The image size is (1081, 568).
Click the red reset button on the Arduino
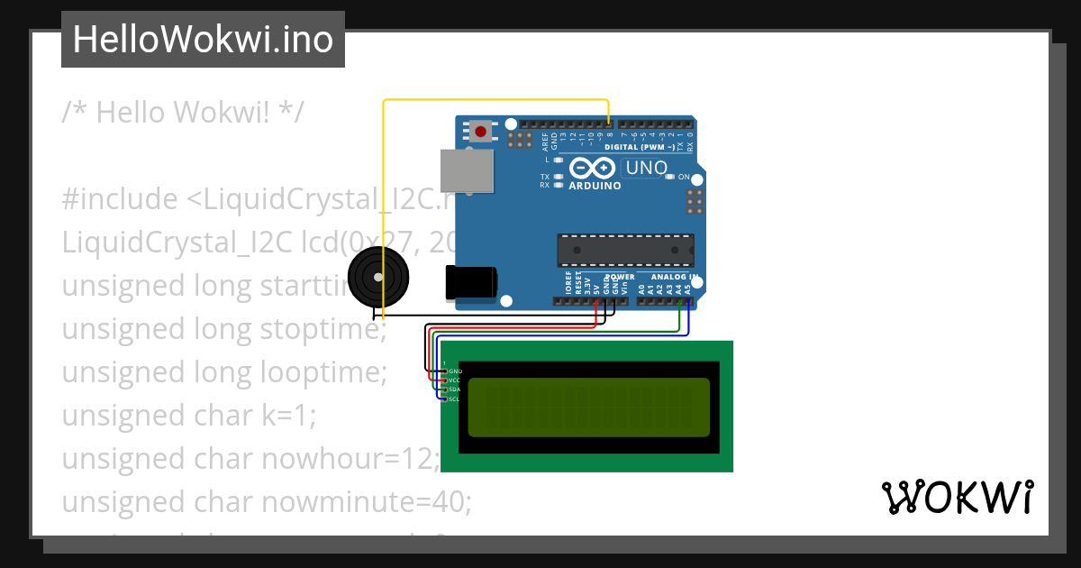click(481, 133)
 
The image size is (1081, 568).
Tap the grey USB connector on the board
click(467, 170)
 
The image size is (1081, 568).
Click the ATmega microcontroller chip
click(626, 250)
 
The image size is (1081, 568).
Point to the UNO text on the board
click(646, 168)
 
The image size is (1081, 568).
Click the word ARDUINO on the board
click(595, 186)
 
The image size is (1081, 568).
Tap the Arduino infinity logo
click(593, 169)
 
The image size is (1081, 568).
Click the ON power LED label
click(683, 177)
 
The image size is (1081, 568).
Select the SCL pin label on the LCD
click(454, 399)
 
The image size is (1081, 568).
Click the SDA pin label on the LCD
click(454, 389)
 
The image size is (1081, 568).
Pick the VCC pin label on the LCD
click(454, 380)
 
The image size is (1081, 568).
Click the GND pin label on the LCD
click(455, 371)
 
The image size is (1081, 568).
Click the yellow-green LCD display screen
click(588, 407)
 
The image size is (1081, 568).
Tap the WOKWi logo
click(958, 497)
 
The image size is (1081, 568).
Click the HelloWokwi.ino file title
click(203, 40)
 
